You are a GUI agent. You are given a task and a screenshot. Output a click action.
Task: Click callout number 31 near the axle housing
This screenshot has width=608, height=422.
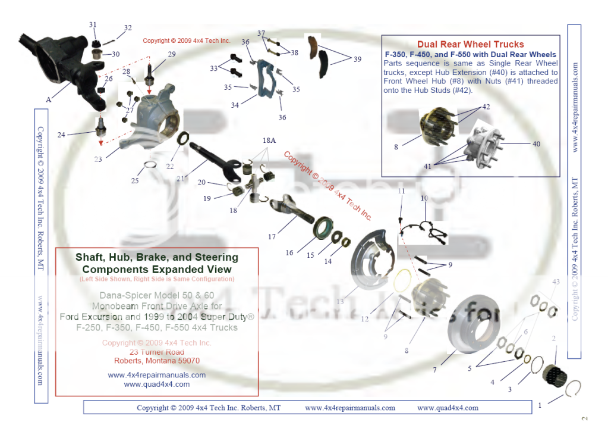pyautogui.click(x=93, y=24)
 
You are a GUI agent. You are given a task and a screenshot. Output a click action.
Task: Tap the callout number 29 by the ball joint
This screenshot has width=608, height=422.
pyautogui.click(x=172, y=54)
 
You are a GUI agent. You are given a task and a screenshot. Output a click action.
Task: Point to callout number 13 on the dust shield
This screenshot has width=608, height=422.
pyautogui.click(x=340, y=302)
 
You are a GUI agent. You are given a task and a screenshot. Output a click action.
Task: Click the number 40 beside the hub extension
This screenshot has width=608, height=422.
pyautogui.click(x=536, y=143)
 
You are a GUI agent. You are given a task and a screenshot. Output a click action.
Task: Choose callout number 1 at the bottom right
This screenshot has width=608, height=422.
pyautogui.click(x=540, y=405)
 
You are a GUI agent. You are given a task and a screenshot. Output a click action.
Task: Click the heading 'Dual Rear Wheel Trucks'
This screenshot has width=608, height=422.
pyautogui.click(x=470, y=44)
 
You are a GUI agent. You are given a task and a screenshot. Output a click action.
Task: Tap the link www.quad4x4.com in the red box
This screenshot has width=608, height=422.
pyautogui.click(x=156, y=384)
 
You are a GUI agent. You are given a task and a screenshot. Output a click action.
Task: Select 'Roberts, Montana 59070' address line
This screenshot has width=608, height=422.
pyautogui.click(x=156, y=360)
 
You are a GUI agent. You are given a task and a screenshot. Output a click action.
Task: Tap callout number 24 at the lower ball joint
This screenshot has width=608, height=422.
pyautogui.click(x=61, y=134)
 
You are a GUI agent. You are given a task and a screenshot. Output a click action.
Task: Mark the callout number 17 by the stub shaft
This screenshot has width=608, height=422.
pyautogui.click(x=272, y=236)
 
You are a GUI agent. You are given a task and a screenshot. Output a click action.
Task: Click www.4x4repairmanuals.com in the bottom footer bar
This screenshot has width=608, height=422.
pyautogui.click(x=349, y=408)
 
